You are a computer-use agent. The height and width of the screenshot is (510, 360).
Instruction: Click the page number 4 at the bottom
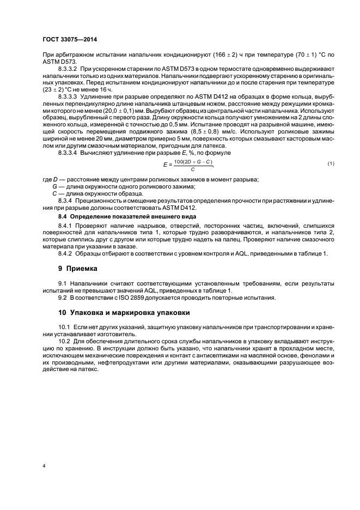click(x=43, y=466)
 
